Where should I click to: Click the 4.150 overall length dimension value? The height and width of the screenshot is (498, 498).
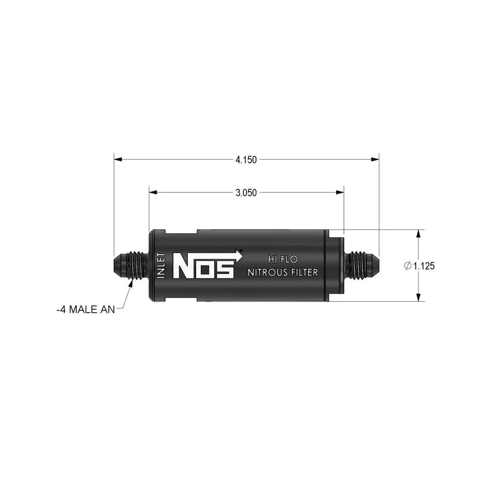click(x=246, y=160)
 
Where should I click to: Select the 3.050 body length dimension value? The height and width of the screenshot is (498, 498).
click(x=246, y=192)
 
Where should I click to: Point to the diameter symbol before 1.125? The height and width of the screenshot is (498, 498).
click(x=407, y=266)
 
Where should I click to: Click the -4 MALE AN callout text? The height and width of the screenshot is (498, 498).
click(x=86, y=310)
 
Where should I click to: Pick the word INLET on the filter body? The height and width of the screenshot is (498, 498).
click(x=161, y=266)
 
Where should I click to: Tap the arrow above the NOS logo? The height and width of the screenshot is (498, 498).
click(x=239, y=254)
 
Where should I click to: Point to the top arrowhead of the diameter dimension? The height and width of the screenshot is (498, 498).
click(x=418, y=233)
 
